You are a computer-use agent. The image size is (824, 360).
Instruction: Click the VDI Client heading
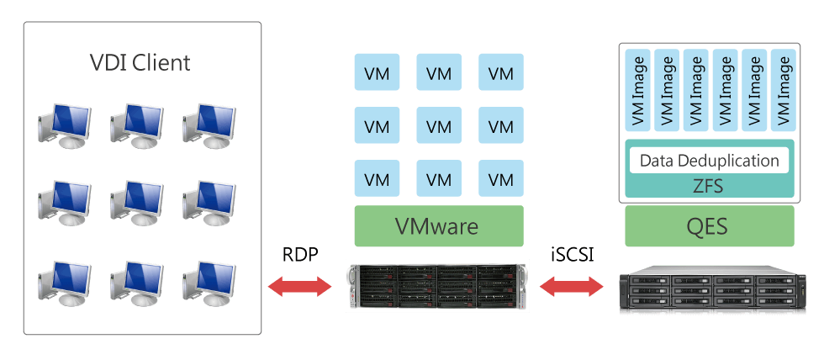[140, 62]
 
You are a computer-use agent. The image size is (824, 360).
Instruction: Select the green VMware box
[438, 226]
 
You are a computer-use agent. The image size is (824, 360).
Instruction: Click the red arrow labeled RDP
[299, 288]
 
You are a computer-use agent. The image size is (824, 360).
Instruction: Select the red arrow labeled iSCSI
[572, 288]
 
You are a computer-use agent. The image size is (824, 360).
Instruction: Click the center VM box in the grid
[438, 126]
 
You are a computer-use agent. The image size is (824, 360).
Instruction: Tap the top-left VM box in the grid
[376, 72]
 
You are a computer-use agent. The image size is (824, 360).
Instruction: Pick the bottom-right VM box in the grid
[500, 179]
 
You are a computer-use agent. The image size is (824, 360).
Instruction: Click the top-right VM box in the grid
[500, 72]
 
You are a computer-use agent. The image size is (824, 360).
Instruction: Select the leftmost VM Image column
[639, 91]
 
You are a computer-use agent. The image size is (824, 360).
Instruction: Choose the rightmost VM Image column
[781, 91]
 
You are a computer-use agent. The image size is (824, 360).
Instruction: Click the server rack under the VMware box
[438, 286]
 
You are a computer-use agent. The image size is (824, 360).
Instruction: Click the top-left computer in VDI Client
[64, 126]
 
